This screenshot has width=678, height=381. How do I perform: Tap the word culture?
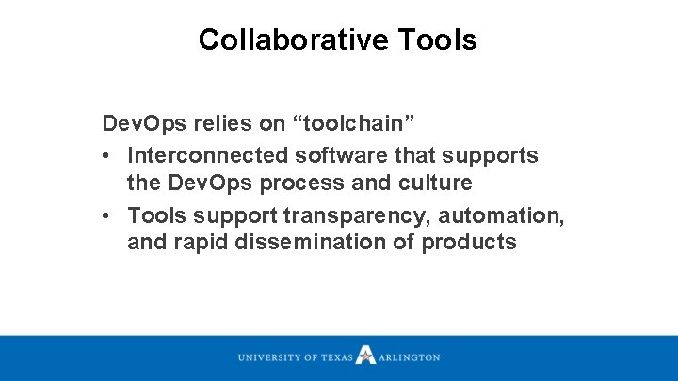point(438,182)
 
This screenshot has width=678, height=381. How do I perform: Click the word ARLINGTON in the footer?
point(409,357)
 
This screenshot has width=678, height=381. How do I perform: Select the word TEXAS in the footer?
point(336,357)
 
